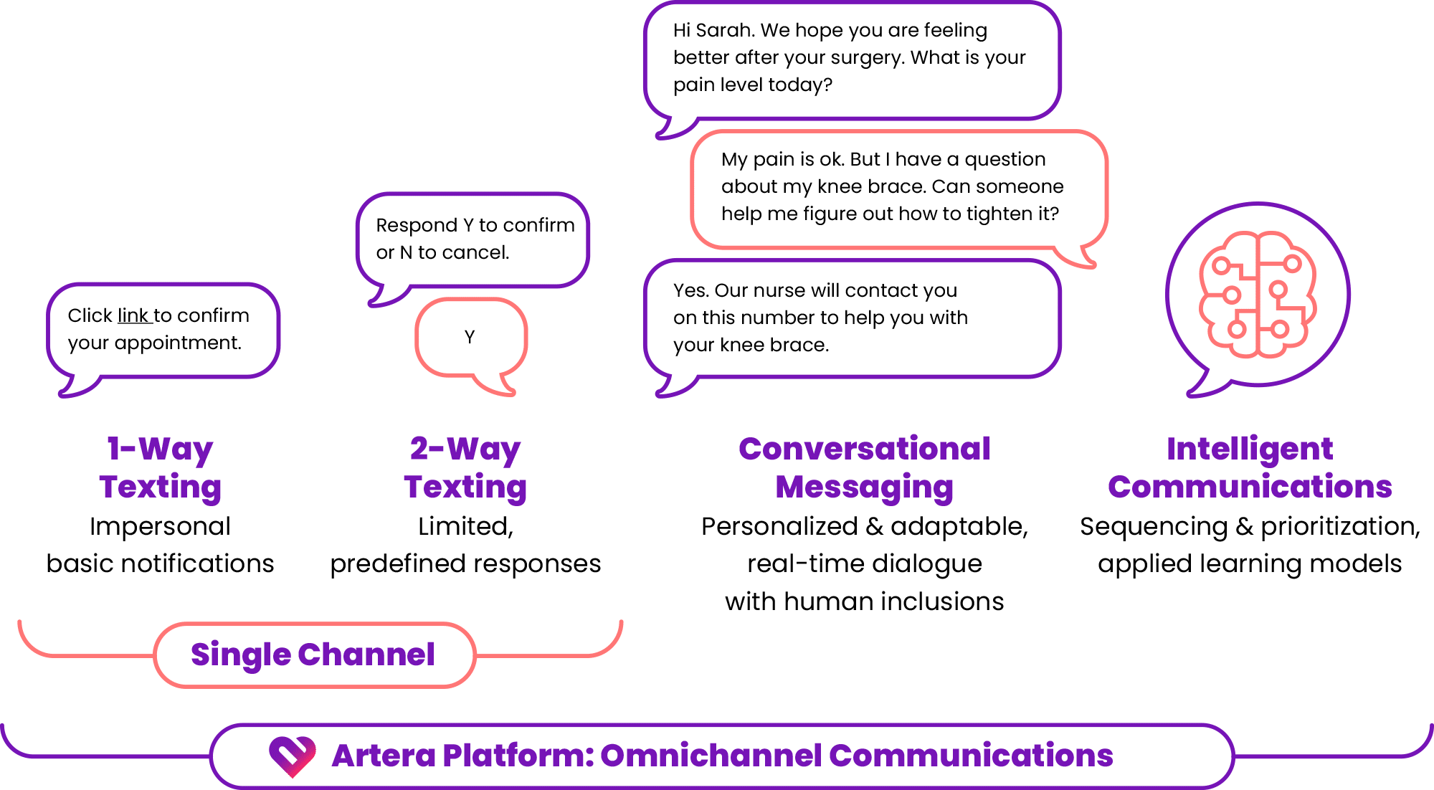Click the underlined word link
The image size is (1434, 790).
(133, 315)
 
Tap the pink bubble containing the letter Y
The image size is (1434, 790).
(470, 337)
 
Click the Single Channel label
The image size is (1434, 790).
(313, 655)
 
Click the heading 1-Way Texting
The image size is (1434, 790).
(160, 467)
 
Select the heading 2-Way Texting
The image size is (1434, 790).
(465, 467)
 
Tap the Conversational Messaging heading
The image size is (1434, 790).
(865, 467)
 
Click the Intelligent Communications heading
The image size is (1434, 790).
(1250, 467)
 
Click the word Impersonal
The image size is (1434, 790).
(160, 526)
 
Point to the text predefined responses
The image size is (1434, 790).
(465, 563)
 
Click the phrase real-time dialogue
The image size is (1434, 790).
(865, 563)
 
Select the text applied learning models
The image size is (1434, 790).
(1250, 563)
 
